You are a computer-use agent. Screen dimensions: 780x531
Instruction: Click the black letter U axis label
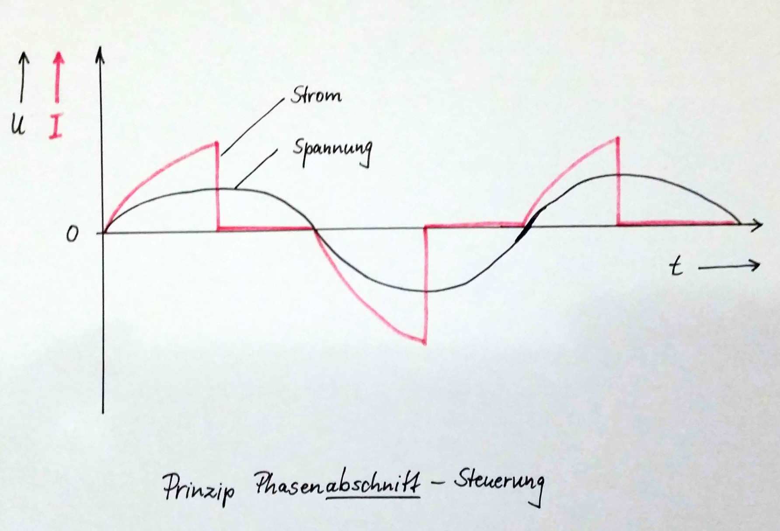pyautogui.click(x=18, y=125)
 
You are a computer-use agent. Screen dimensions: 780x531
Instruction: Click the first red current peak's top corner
pyautogui.click(x=216, y=143)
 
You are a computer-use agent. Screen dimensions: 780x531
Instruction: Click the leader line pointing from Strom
pyautogui.click(x=253, y=126)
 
